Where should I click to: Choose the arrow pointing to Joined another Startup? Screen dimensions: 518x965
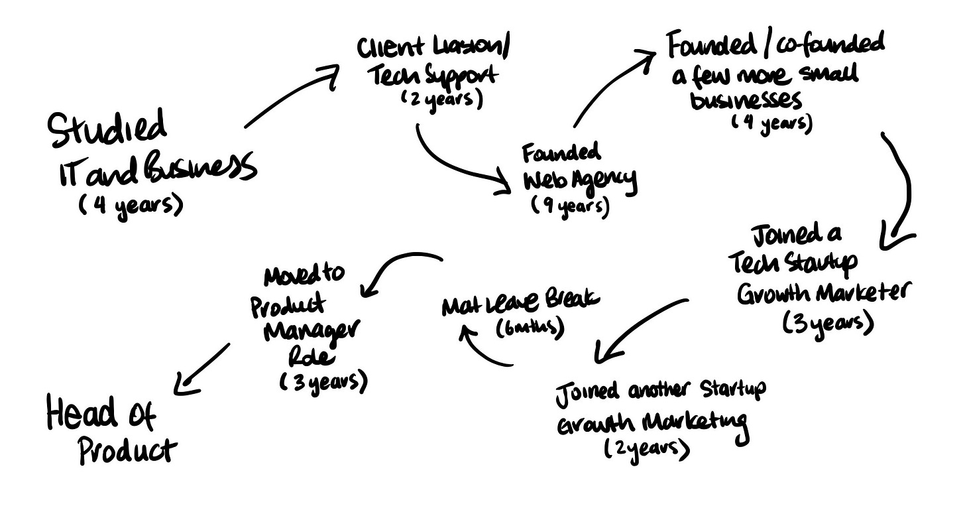(x=636, y=328)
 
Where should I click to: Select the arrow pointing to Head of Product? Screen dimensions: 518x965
(x=202, y=368)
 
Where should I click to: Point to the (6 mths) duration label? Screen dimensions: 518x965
(x=530, y=327)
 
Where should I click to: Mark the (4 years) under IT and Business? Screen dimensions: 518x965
(x=129, y=206)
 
